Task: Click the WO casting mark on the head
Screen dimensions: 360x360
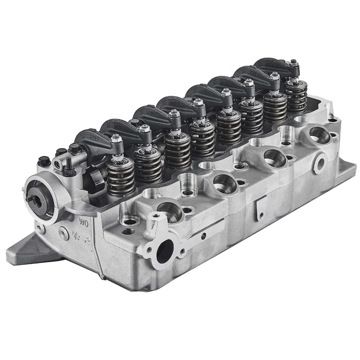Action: click(x=84, y=222)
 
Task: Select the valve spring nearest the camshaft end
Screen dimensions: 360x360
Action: click(x=121, y=178)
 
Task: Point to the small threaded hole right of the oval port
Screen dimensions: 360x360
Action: click(x=182, y=251)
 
